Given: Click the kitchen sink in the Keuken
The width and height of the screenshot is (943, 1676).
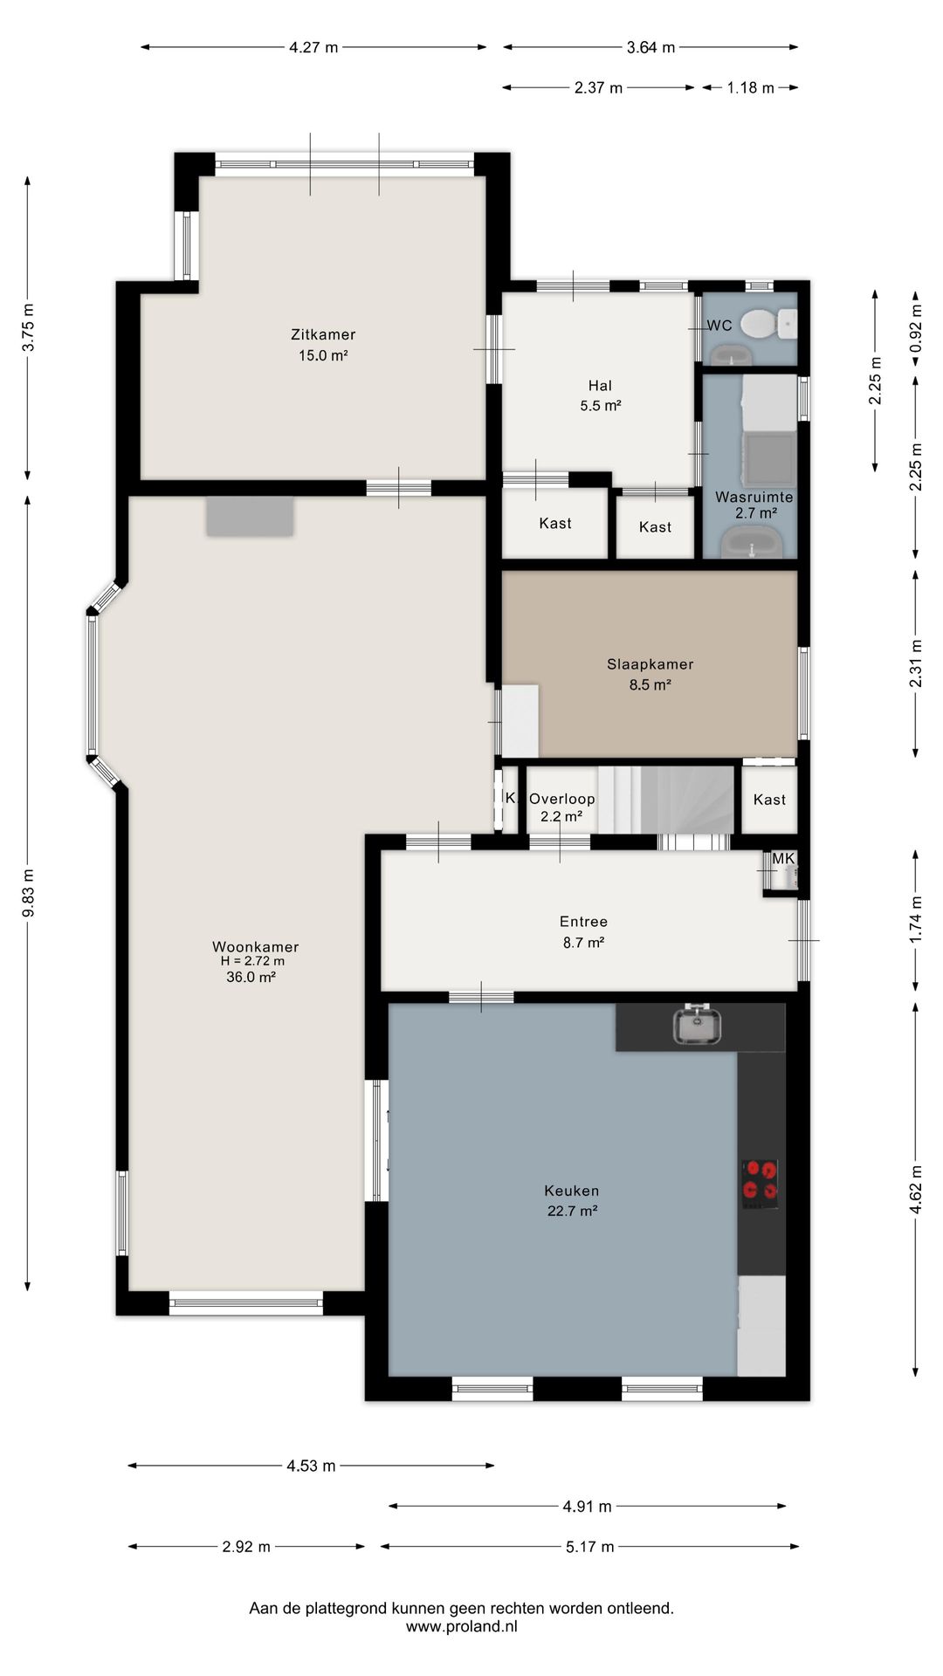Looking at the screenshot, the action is [x=697, y=1026].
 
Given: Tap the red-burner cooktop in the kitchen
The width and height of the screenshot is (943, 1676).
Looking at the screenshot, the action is [x=761, y=1183].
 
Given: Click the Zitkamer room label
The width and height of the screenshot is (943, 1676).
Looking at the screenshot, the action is [x=323, y=334].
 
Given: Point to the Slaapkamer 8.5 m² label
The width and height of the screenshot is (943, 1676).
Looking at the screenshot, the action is [x=650, y=674].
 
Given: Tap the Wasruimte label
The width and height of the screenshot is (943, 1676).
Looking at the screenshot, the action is [x=754, y=498].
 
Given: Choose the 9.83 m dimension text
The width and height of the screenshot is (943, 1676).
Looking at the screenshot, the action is [x=28, y=893].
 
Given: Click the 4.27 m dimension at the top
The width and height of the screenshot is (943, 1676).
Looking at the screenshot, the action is [x=313, y=47].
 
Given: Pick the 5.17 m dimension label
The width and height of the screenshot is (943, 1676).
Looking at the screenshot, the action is [x=589, y=1547].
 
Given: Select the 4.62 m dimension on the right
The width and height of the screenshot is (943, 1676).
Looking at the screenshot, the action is [x=916, y=1189].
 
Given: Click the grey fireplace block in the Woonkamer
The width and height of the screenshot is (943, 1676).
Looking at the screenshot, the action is [x=250, y=517].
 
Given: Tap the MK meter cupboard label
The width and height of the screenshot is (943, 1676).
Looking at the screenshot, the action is [x=783, y=859].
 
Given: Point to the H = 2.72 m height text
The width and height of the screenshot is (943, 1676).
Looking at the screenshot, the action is [x=252, y=961].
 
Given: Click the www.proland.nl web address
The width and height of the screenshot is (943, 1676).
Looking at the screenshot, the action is [x=462, y=1626].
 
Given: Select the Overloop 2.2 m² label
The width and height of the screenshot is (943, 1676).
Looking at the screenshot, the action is [x=561, y=807].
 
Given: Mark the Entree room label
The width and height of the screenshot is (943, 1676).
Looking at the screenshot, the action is [x=583, y=922].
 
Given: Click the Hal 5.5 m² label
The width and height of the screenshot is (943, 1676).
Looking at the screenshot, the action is [x=600, y=395].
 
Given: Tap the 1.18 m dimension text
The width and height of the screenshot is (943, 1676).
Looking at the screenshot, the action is [x=750, y=87].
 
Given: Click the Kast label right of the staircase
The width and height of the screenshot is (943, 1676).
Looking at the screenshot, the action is [x=769, y=800].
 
